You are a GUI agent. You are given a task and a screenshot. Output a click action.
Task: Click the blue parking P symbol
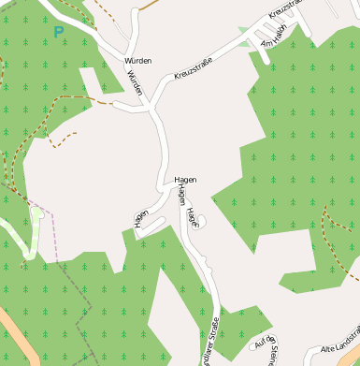(59, 32)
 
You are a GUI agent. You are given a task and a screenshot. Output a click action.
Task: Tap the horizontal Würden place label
(137, 61)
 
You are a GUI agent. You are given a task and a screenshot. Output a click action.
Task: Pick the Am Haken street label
(272, 42)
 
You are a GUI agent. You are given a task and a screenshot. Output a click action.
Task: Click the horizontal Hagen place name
(184, 179)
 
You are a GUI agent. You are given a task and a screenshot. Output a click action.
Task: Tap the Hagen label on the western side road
(141, 217)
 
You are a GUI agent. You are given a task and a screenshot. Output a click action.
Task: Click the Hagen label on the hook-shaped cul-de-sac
(192, 217)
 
